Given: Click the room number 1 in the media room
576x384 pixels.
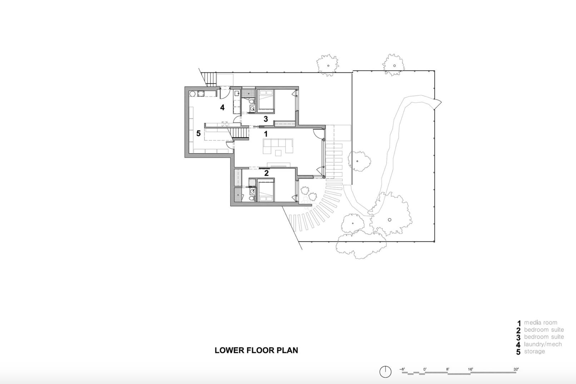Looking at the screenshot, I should [x=265, y=134].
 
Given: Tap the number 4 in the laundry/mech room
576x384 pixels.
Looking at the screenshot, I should [x=222, y=107].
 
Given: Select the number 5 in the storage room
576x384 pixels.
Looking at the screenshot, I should [x=198, y=134].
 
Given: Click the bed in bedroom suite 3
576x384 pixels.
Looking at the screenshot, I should [x=266, y=100].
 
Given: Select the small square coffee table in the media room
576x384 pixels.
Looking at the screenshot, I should [x=278, y=153].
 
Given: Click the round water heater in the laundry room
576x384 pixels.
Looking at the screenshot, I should [x=192, y=94].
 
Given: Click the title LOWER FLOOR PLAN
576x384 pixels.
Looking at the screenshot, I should [x=256, y=350].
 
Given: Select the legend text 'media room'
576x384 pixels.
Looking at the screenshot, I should [x=540, y=323].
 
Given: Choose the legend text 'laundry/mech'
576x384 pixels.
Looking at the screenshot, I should [x=543, y=344].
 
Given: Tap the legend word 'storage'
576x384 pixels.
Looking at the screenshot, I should [x=535, y=351].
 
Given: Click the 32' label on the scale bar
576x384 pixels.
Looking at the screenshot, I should [x=516, y=369].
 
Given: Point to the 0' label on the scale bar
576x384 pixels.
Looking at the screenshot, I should [x=425, y=369].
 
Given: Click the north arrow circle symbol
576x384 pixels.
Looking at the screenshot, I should [x=385, y=372].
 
